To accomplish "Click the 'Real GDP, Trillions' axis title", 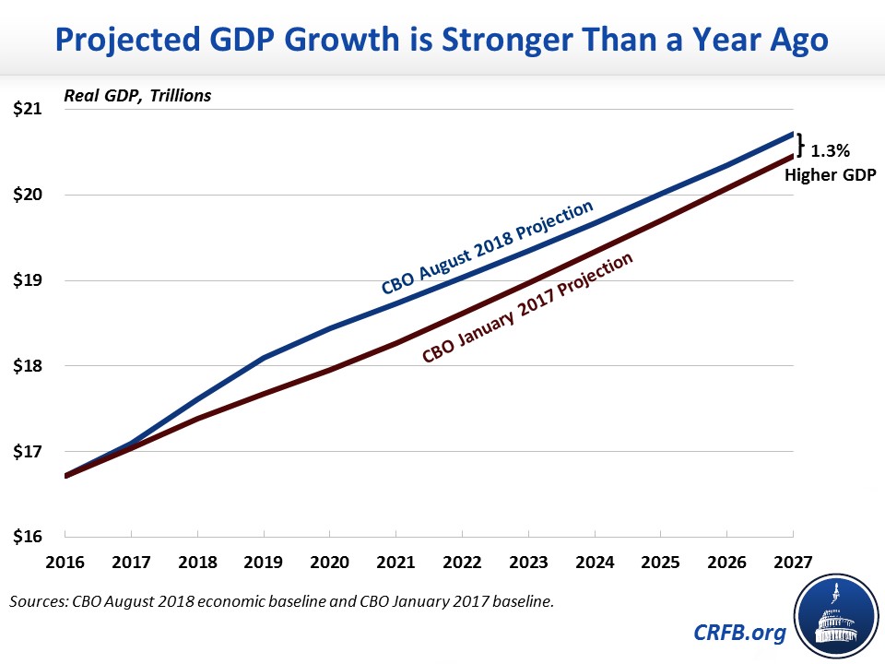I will (137, 96).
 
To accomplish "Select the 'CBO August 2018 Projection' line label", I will (488, 246).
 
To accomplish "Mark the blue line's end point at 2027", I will (793, 134).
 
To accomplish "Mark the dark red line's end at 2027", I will (793, 158).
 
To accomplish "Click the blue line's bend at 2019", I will (264, 357).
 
